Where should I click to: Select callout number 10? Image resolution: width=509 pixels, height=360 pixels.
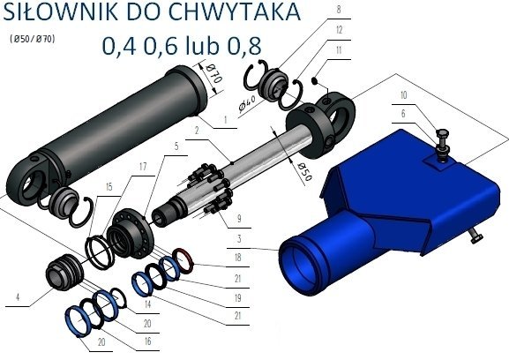click(x=403, y=94)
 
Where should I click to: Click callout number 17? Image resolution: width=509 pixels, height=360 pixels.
click(x=143, y=166)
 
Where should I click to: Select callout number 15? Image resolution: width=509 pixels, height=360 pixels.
click(x=109, y=187)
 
